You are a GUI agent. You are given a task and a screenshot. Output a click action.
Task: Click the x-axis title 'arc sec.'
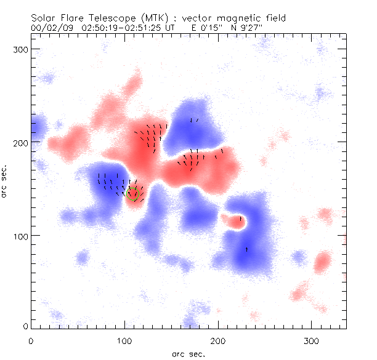click(187, 354)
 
